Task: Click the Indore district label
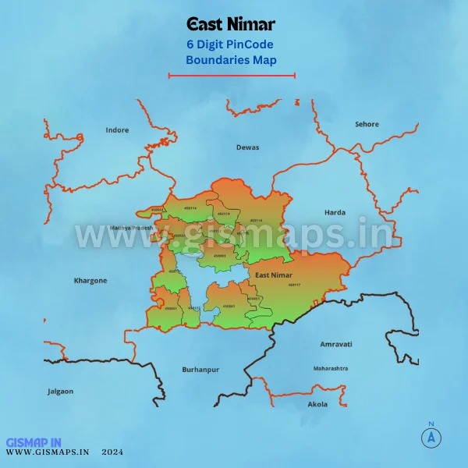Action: click(x=117, y=130)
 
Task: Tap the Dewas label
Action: click(x=247, y=147)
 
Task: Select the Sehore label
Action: click(x=367, y=124)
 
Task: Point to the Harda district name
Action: click(x=335, y=212)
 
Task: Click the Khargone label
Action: click(x=90, y=280)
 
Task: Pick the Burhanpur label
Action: click(x=200, y=368)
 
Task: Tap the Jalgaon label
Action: click(x=60, y=391)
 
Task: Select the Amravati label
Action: click(x=336, y=344)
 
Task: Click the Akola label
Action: click(x=317, y=405)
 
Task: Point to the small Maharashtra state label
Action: click(x=331, y=367)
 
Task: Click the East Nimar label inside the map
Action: click(x=273, y=275)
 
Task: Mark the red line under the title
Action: click(x=232, y=76)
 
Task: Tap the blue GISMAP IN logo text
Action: click(x=32, y=441)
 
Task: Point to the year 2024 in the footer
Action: click(x=112, y=452)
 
